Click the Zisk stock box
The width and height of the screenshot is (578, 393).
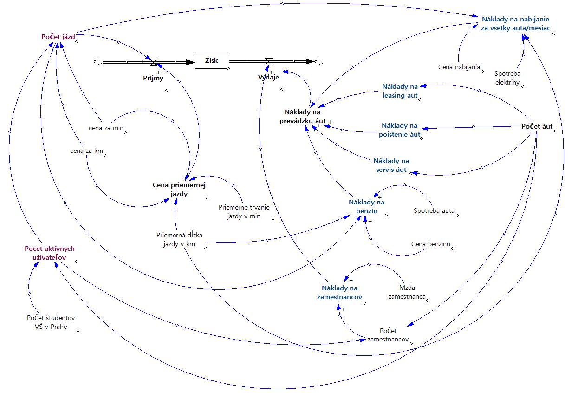211,60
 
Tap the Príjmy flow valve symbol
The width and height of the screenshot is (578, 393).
153,61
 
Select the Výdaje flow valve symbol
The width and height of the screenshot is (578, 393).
268,61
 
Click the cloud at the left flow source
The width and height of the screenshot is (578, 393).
98,62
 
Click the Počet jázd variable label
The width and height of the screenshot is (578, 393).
58,36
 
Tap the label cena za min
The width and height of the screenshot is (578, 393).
106,128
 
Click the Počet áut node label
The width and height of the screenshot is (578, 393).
537,126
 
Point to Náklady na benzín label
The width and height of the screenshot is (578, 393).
366,206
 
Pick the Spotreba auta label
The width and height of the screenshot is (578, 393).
434,210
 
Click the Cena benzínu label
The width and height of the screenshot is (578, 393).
431,243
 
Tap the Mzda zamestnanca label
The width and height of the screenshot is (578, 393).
407,292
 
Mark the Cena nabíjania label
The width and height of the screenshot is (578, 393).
459,67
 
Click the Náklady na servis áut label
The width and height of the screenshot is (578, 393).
391,165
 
